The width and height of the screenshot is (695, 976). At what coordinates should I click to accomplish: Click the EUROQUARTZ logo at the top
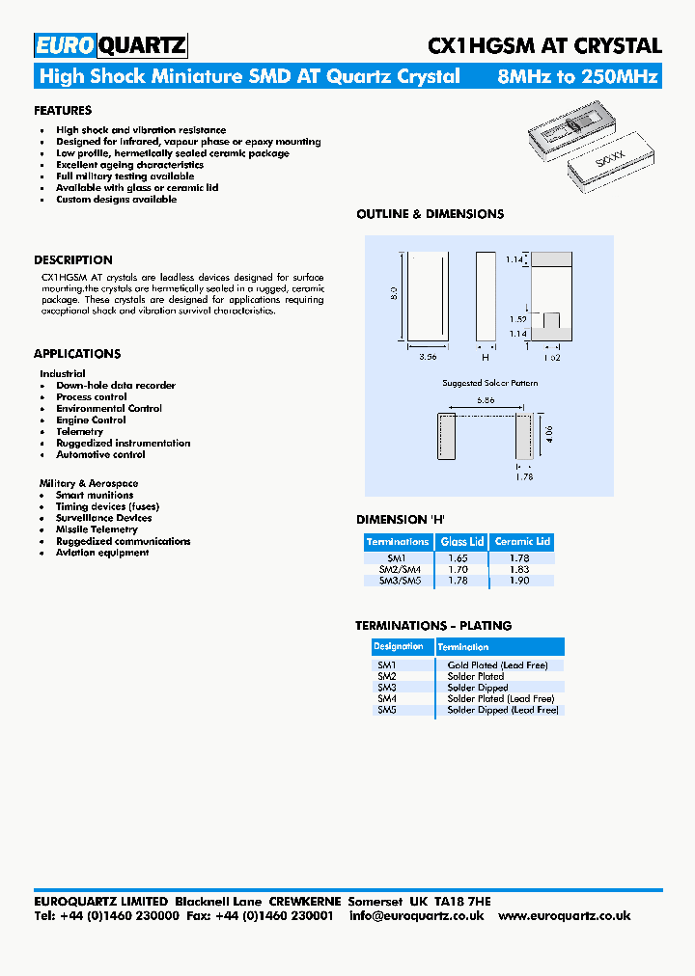pyautogui.click(x=110, y=45)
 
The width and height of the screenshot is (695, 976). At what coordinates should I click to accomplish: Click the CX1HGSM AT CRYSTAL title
pyautogui.click(x=544, y=45)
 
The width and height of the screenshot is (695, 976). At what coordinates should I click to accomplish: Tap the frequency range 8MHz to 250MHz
pyautogui.click(x=577, y=76)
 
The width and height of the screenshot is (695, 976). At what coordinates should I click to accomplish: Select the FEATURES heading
pyautogui.click(x=63, y=111)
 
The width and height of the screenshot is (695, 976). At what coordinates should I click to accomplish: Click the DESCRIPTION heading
pyautogui.click(x=73, y=260)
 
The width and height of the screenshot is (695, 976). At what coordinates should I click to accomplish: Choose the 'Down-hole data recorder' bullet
pyautogui.click(x=116, y=386)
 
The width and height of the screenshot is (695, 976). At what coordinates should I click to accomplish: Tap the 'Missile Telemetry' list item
pyautogui.click(x=97, y=529)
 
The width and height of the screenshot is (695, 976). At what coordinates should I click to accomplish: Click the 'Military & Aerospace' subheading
pyautogui.click(x=89, y=483)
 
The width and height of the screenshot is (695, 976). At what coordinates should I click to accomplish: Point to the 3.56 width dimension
pyautogui.click(x=428, y=357)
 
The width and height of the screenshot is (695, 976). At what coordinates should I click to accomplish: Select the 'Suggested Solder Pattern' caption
pyautogui.click(x=490, y=383)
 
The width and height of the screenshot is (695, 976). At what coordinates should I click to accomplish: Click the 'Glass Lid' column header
pyautogui.click(x=462, y=542)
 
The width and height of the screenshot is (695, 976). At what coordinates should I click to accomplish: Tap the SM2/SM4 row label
pyautogui.click(x=398, y=569)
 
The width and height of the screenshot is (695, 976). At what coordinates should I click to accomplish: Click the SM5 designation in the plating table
pyautogui.click(x=387, y=710)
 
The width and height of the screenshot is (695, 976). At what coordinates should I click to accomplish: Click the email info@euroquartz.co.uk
pyautogui.click(x=417, y=915)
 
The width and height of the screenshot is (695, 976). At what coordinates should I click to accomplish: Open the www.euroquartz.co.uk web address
pyautogui.click(x=565, y=915)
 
